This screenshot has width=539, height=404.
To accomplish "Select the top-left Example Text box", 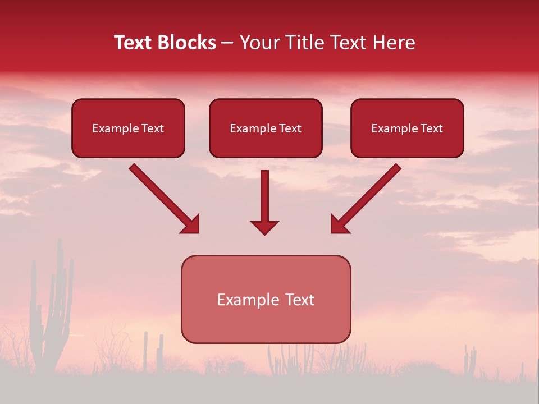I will (x=128, y=128).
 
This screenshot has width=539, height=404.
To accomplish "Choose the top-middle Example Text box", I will (x=266, y=128).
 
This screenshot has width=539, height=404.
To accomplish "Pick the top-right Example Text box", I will (x=407, y=128).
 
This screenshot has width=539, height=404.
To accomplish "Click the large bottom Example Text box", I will (x=266, y=299).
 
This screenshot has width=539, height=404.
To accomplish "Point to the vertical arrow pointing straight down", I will (x=264, y=199).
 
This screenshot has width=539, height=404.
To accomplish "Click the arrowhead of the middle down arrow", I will (x=264, y=227).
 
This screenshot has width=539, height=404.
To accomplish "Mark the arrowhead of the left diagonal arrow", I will (x=191, y=224).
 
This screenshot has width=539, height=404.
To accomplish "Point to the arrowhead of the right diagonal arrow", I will (x=339, y=224).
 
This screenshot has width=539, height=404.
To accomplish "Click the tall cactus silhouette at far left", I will (x=54, y=314).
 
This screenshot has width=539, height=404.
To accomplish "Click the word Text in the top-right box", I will (x=431, y=128).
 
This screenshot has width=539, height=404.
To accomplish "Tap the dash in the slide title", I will (x=227, y=43).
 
